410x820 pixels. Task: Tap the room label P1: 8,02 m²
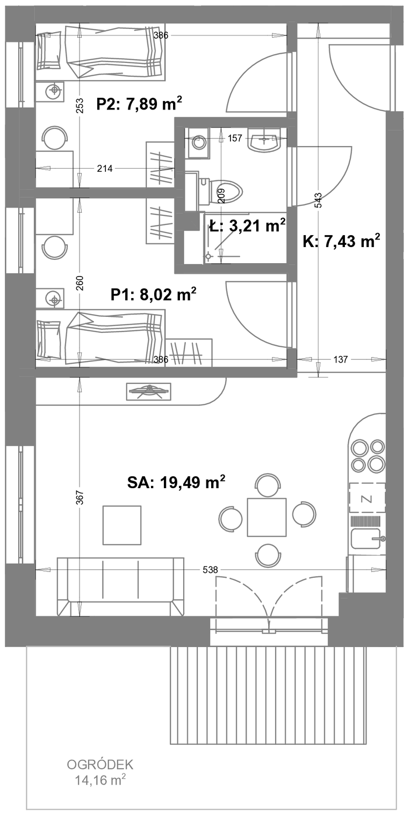coord(154,294)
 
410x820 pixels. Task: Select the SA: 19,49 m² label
coord(176,482)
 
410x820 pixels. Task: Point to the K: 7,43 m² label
coord(341,241)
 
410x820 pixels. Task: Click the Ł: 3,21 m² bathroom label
coord(247,225)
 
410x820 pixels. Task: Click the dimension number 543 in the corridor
coord(318,201)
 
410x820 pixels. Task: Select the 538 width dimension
coord(210,570)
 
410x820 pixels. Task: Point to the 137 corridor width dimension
coord(341,359)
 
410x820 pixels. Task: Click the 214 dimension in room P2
coord(105,169)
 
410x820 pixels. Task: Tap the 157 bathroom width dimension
coord(235,138)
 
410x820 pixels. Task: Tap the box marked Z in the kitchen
coord(367,498)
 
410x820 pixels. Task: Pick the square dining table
coord(267,517)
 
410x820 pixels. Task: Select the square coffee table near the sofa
coord(122,525)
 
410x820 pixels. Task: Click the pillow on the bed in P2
coord(49,50)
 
